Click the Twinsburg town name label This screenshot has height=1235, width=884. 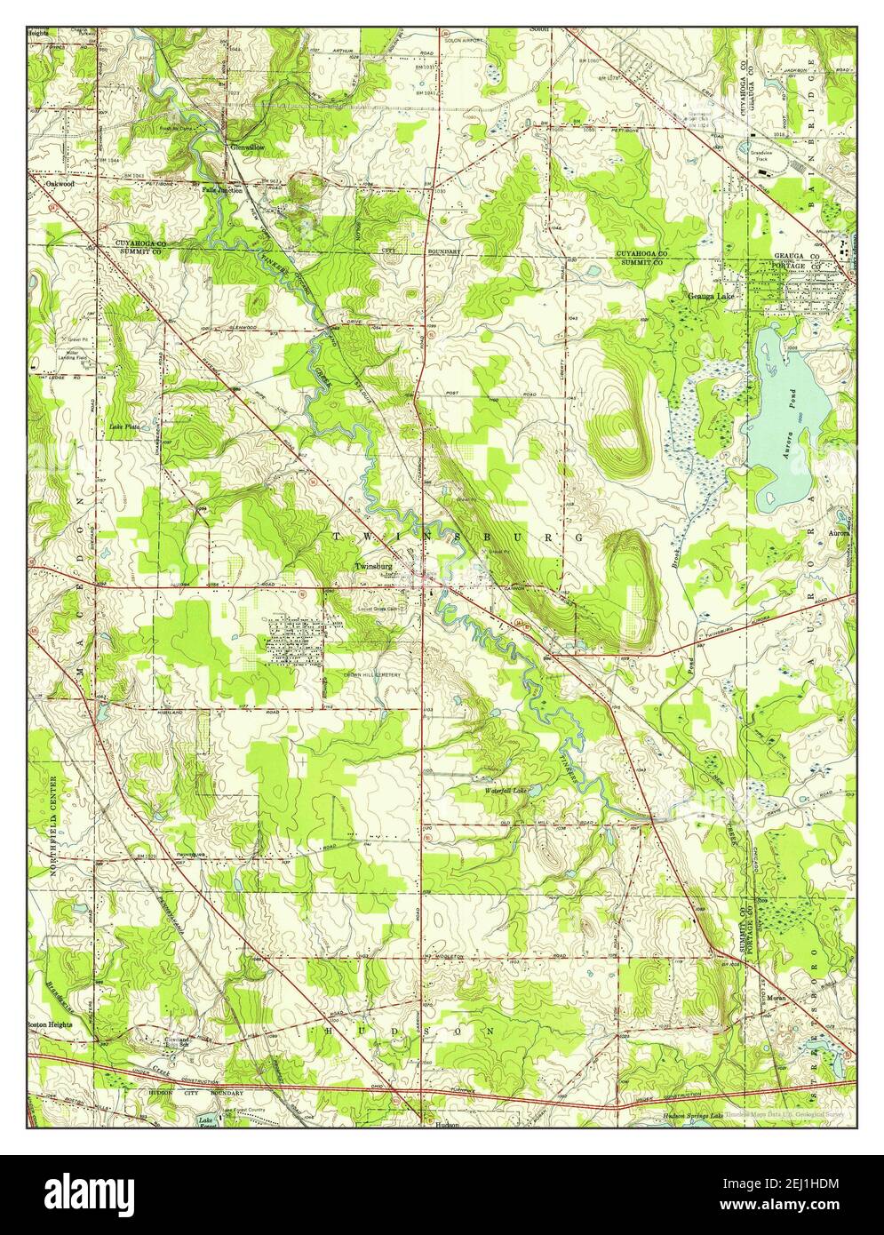[373, 566]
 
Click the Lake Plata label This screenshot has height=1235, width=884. [124, 426]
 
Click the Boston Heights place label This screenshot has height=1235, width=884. [48, 1024]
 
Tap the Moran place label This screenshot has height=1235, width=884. [770, 998]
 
